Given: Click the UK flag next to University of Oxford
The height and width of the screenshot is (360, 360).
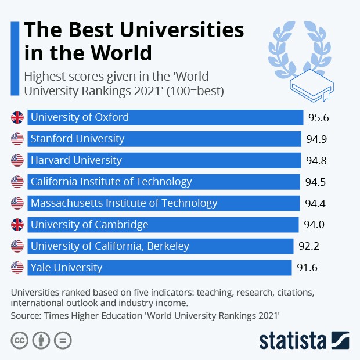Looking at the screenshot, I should click(x=17, y=117).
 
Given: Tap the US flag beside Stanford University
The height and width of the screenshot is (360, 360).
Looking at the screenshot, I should click(x=17, y=139).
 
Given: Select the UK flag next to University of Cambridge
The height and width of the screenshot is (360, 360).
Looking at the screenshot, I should click(x=17, y=225).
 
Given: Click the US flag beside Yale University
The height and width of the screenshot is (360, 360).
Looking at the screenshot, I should click(x=17, y=268).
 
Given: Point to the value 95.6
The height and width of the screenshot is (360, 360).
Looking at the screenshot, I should click(x=318, y=118).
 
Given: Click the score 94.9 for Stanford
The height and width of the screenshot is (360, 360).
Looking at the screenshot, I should click(x=317, y=139).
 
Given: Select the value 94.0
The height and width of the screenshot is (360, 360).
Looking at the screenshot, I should click(x=314, y=225).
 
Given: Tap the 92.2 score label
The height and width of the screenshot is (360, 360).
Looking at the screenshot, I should click(x=308, y=246).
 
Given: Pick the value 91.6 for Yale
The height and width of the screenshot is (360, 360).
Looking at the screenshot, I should click(x=307, y=268).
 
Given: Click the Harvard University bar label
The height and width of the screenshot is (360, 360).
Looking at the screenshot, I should click(x=76, y=160).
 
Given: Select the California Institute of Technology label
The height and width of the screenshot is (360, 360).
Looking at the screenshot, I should click(x=111, y=182).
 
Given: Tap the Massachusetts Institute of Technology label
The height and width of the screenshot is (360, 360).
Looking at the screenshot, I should click(x=124, y=203).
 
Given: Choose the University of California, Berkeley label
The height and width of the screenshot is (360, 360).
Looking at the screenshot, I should click(x=110, y=246).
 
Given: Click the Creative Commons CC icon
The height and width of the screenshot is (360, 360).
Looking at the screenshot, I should click(x=20, y=340).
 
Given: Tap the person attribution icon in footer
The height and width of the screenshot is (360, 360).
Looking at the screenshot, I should click(x=41, y=340).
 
